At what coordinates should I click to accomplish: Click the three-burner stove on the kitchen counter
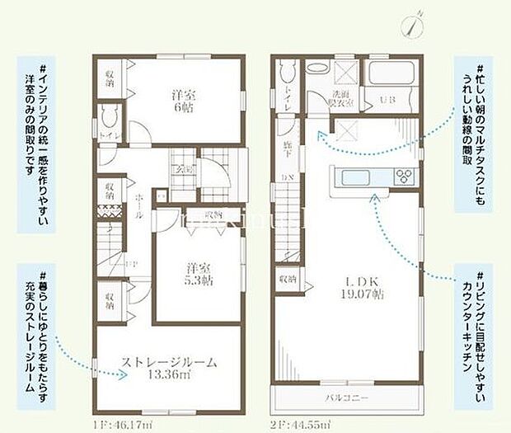coord(404,176)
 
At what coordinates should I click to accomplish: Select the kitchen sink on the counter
coord(352,176)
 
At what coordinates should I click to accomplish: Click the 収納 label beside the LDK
coord(286,279)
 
